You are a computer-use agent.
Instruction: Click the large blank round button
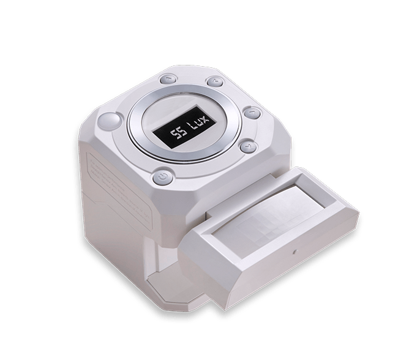[x=109, y=121]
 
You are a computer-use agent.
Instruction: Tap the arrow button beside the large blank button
[x=168, y=80]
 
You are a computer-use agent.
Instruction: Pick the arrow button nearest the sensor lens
[x=249, y=147]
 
